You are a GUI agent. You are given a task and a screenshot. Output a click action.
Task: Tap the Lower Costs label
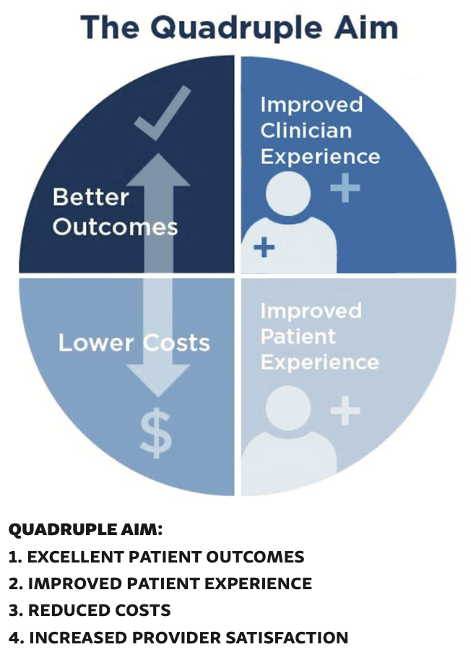134,342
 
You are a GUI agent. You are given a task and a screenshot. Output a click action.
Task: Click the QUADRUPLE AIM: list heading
85,530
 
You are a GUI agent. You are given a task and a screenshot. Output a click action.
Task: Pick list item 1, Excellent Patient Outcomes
156,557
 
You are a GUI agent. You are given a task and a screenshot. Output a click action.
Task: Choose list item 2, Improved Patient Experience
160,583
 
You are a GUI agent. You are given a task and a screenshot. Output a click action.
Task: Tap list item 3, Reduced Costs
90,610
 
